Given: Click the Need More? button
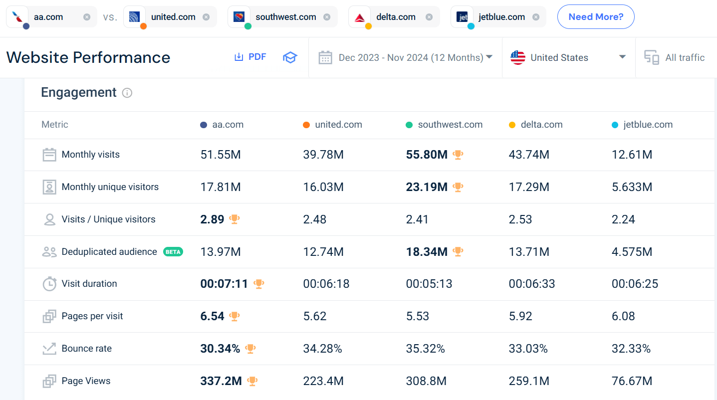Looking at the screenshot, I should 596,17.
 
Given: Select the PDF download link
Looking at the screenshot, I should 250,57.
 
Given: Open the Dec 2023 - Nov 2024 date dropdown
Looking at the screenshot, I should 405,58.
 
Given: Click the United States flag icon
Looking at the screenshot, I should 518,58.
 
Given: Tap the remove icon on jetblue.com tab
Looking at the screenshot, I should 535,17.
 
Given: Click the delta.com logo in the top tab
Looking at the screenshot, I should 359,17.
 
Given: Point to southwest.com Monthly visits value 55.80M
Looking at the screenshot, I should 427,155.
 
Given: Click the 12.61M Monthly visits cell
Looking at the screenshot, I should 632,155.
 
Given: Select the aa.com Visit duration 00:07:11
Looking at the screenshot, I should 224,284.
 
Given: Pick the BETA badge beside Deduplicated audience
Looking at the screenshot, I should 173,252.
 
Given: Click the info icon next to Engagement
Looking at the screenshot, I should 127,93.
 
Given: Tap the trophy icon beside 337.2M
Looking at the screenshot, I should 252,381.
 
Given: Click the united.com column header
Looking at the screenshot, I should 338,125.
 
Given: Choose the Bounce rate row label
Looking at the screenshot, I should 86,349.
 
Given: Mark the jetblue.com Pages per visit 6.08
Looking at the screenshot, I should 624,316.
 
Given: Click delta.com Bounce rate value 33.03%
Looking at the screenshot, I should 528,349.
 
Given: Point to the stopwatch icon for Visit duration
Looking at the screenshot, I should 49,284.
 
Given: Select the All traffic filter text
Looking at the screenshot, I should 685,58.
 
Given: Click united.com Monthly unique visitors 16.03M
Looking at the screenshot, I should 323,187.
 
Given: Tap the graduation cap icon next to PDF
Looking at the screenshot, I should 290,57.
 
